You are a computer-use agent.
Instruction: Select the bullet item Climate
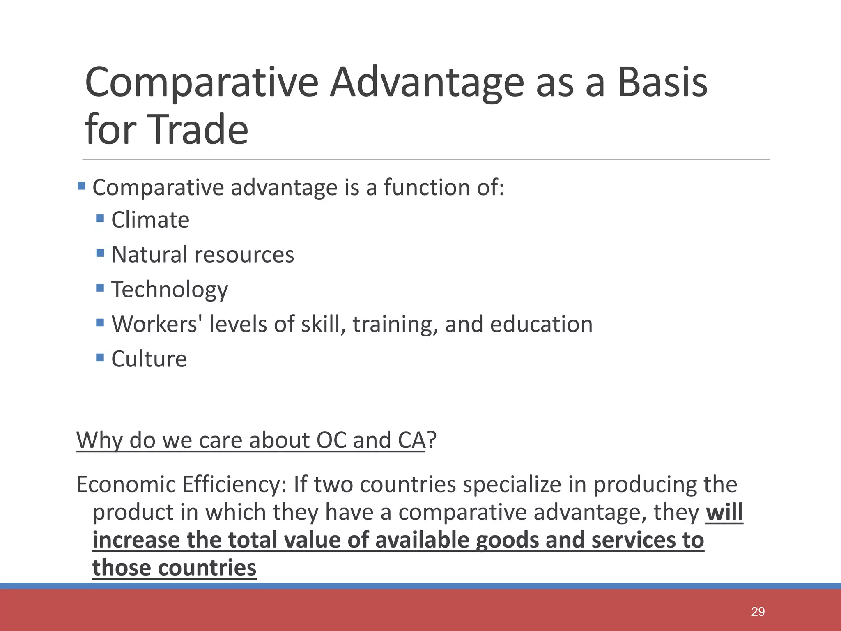point(150,220)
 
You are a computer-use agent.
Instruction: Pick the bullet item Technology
point(170,290)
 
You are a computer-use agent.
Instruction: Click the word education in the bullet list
point(541,324)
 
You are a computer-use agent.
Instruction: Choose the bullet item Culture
point(149,359)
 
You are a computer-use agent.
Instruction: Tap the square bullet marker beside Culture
point(100,357)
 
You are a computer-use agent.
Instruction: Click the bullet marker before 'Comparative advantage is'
point(81,186)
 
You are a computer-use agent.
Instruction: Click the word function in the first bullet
point(427,187)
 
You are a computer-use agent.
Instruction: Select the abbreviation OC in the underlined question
point(331,440)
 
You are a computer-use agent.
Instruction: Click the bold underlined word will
point(724,512)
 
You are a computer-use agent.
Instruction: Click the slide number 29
point(758,612)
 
